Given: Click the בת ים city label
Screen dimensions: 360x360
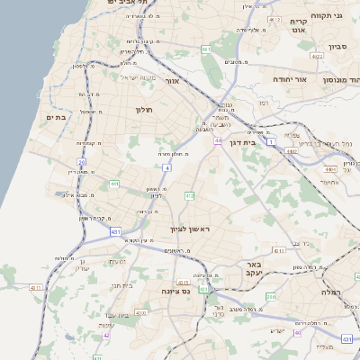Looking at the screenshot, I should pyautogui.click(x=55, y=116).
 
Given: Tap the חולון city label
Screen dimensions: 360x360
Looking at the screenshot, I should pyautogui.click(x=143, y=110).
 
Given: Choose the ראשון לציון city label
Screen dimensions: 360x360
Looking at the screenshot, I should pyautogui.click(x=189, y=229).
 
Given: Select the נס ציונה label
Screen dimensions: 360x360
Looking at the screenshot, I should pyautogui.click(x=171, y=292).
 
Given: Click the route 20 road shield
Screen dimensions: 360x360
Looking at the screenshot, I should pyautogui.click(x=81, y=162).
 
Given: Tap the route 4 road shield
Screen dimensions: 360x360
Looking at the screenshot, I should pyautogui.click(x=167, y=167).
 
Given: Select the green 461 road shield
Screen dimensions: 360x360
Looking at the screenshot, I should pyautogui.click(x=206, y=49).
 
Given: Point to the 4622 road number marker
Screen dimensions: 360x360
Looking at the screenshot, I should pyautogui.click(x=316, y=57).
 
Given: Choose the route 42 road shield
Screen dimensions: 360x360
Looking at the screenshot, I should pyautogui.click(x=106, y=335).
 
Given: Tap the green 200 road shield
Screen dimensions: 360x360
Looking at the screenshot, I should pyautogui.click(x=271, y=296).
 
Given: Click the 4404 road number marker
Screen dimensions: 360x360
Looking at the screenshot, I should pyautogui.click(x=330, y=168).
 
